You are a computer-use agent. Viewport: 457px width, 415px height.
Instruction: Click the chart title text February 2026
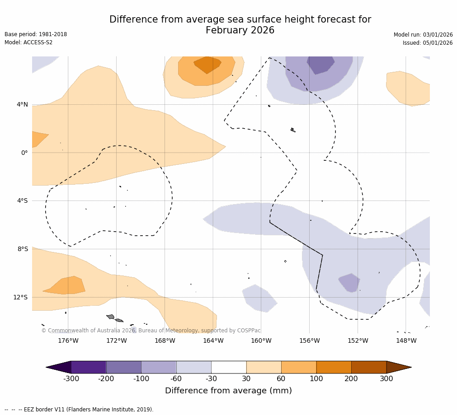tap(240, 31)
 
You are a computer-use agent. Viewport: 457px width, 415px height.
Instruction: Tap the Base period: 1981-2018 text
tap(36, 34)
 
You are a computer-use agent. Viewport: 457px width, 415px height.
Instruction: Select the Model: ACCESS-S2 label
tap(28, 42)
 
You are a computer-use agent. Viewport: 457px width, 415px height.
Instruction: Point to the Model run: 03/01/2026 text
tap(423, 35)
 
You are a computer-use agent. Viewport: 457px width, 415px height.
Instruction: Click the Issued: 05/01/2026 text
tap(428, 43)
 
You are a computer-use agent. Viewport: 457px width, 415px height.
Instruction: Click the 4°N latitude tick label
tap(22, 105)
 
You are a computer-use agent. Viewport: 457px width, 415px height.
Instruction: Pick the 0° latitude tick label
tap(24, 153)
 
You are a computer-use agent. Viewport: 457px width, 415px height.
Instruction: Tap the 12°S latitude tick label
tap(20, 297)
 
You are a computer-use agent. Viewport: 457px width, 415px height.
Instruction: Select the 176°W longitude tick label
tap(68, 340)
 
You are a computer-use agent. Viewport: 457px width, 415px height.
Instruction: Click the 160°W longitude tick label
tap(261, 340)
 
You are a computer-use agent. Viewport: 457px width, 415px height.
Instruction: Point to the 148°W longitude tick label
tap(406, 340)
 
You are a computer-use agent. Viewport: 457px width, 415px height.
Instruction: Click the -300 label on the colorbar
tap(71, 378)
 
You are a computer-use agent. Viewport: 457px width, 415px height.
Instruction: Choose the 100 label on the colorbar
tap(316, 378)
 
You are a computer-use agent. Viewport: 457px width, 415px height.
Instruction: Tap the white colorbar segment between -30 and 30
tap(229, 367)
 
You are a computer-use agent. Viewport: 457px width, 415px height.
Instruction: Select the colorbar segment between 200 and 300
tap(369, 367)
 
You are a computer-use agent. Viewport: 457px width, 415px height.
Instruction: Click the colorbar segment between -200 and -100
tap(123, 367)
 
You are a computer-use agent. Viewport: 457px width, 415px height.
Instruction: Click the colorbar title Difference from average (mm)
tap(228, 391)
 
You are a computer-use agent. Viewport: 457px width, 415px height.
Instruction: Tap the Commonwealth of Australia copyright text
tap(151, 331)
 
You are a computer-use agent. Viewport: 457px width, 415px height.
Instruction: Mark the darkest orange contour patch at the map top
tap(207, 64)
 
